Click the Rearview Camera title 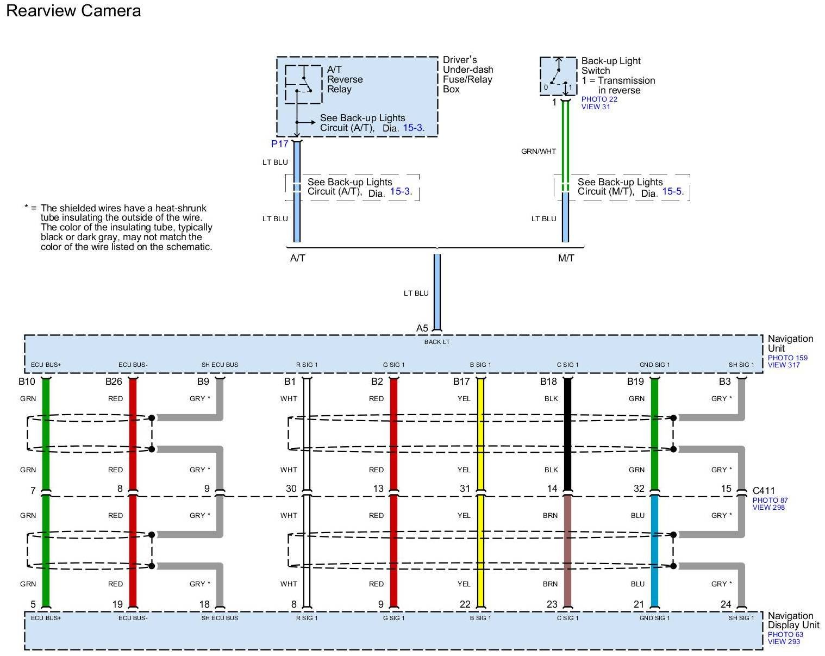point(73,11)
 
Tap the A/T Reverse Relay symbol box point(303,84)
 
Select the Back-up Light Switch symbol point(558,76)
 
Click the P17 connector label point(279,144)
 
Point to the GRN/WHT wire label point(538,152)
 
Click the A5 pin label point(422,328)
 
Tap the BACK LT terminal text point(437,342)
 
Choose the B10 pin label point(27,382)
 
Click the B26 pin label point(114,382)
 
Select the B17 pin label point(461,382)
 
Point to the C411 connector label point(764,491)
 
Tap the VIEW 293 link point(784,642)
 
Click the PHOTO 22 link point(599,99)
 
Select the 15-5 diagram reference point(672,192)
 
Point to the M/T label point(566,258)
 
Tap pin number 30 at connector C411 point(291,489)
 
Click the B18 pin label point(548,382)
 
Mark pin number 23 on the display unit point(552,604)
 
